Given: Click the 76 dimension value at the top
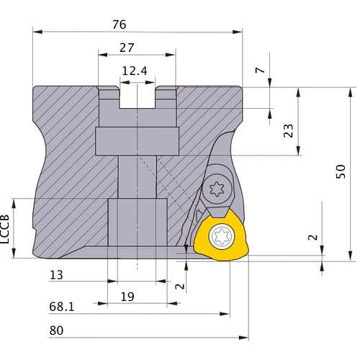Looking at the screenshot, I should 120,24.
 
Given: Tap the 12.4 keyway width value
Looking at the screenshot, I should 136,71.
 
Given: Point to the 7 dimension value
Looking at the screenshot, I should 259,73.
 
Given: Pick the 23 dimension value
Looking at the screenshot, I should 288,131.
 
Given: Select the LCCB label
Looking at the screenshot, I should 6,228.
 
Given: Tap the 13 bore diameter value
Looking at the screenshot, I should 58,275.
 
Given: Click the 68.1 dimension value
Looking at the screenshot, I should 62,307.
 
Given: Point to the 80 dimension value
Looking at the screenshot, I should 57,330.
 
